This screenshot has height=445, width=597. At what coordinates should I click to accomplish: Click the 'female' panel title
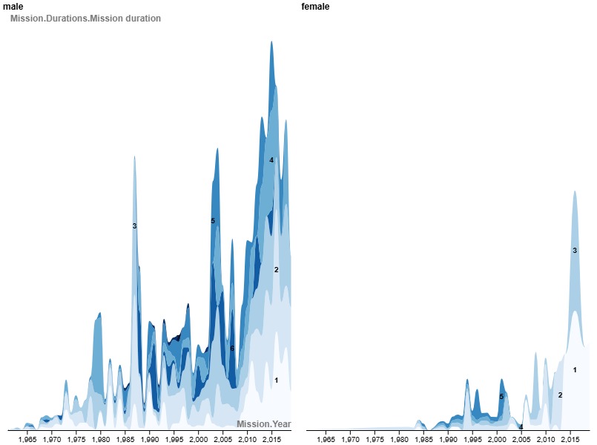[315, 7]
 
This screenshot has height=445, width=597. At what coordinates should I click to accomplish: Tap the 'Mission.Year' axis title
[263, 424]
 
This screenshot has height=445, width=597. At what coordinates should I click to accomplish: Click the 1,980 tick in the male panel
[101, 439]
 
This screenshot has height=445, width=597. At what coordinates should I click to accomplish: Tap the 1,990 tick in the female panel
[448, 439]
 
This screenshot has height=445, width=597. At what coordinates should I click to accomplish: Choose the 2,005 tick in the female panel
[521, 439]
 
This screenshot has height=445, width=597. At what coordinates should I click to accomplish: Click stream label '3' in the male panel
[134, 225]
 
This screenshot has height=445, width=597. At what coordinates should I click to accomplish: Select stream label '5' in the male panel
[213, 221]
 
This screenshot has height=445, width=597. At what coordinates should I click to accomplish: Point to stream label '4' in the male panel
[271, 160]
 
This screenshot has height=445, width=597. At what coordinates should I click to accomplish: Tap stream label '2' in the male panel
[276, 270]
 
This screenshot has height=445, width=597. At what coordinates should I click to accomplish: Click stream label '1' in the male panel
[276, 380]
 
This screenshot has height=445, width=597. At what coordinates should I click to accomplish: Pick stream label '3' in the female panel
[575, 251]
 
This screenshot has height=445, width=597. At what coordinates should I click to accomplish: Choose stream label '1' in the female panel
[575, 369]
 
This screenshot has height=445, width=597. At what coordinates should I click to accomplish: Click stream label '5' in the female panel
[501, 397]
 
